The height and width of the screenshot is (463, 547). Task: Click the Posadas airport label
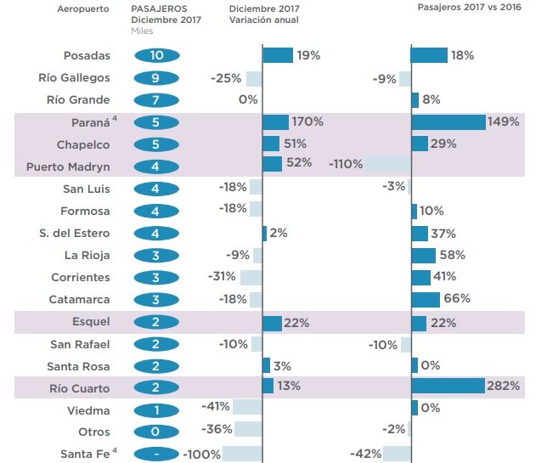(x=87, y=56)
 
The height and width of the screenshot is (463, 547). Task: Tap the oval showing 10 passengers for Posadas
(x=156, y=56)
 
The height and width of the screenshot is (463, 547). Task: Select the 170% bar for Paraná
(x=275, y=122)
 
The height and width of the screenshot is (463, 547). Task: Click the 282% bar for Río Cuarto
(x=447, y=387)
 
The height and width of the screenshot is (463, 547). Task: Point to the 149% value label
(x=504, y=122)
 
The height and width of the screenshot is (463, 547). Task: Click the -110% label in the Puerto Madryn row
(x=346, y=164)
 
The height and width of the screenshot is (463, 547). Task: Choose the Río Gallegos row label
(x=75, y=78)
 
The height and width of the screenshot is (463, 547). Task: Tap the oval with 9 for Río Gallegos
(x=156, y=78)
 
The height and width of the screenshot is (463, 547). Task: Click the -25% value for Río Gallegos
(x=226, y=78)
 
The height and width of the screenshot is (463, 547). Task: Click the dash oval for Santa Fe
(x=156, y=454)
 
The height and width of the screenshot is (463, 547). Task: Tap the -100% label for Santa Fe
(x=202, y=454)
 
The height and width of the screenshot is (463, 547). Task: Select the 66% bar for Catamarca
(x=425, y=298)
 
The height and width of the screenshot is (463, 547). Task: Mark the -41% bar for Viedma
(x=246, y=408)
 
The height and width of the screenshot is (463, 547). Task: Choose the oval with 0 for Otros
(x=156, y=430)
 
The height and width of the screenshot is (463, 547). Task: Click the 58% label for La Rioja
(x=454, y=254)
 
